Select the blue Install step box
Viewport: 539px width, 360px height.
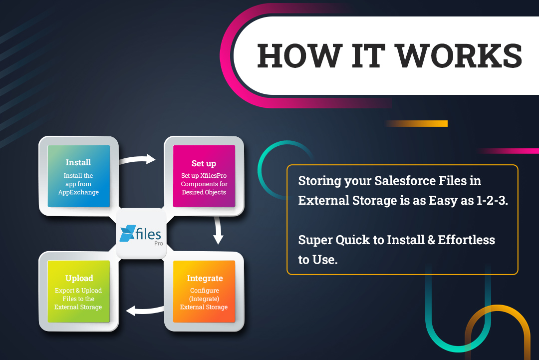(79, 176)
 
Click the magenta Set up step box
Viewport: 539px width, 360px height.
(204, 176)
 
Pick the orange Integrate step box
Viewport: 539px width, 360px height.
(204, 291)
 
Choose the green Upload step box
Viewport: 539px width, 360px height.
(79, 291)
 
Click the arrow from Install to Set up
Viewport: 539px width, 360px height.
(137, 160)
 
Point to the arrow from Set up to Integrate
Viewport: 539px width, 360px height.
(218, 230)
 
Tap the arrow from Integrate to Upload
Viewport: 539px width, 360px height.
(145, 311)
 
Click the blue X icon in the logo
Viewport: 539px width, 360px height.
(127, 233)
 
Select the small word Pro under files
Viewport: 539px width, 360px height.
(159, 244)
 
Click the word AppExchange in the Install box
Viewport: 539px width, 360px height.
(78, 192)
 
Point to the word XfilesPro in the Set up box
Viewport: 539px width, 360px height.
(214, 175)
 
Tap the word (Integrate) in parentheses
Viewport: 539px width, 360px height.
(204, 299)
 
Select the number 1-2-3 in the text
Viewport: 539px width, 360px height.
(492, 200)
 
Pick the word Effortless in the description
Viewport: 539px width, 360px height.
(466, 240)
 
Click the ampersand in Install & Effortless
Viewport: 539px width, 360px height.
(431, 240)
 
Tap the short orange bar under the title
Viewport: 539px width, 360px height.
(417, 123)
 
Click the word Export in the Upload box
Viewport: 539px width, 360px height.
(64, 291)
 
